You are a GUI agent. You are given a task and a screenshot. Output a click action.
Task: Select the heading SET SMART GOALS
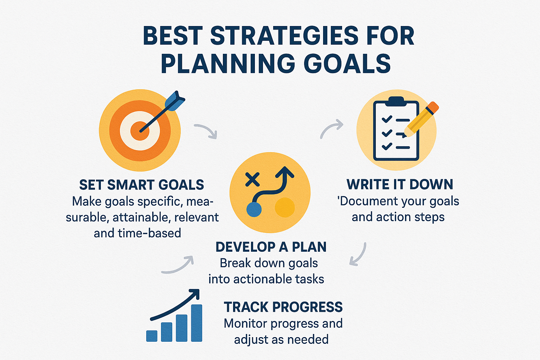tap(142, 185)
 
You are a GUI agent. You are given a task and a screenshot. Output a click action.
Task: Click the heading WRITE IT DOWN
tap(400, 185)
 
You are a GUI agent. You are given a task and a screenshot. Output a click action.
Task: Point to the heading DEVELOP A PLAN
tap(271, 247)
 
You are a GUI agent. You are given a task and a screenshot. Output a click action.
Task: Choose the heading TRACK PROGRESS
tap(283, 307)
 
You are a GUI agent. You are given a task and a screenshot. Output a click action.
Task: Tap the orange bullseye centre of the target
tap(140, 131)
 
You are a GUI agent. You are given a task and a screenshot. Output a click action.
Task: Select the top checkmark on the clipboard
tap(387, 119)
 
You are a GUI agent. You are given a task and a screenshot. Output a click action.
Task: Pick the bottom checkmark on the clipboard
tap(387, 146)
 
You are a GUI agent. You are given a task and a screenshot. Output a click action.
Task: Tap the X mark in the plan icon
tap(252, 179)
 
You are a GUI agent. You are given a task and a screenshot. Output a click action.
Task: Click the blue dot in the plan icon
tap(254, 210)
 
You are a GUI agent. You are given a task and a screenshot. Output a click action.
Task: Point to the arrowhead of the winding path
tap(285, 172)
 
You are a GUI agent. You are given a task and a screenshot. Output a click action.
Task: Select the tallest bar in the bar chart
tap(197, 323)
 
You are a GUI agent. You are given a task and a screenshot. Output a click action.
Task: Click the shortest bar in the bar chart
tap(152, 336)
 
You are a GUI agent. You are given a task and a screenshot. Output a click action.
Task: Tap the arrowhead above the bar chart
tap(195, 294)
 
